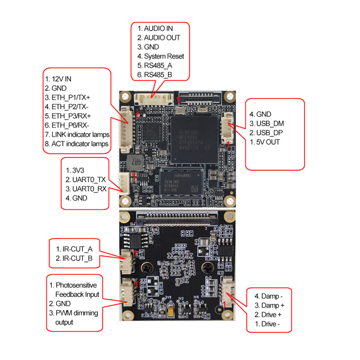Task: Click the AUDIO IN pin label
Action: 158,28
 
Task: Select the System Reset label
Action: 164,56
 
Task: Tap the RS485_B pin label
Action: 158,75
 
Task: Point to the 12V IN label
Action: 62,79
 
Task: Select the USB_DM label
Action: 270,123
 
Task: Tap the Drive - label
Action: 268,323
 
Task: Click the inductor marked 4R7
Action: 135,160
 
